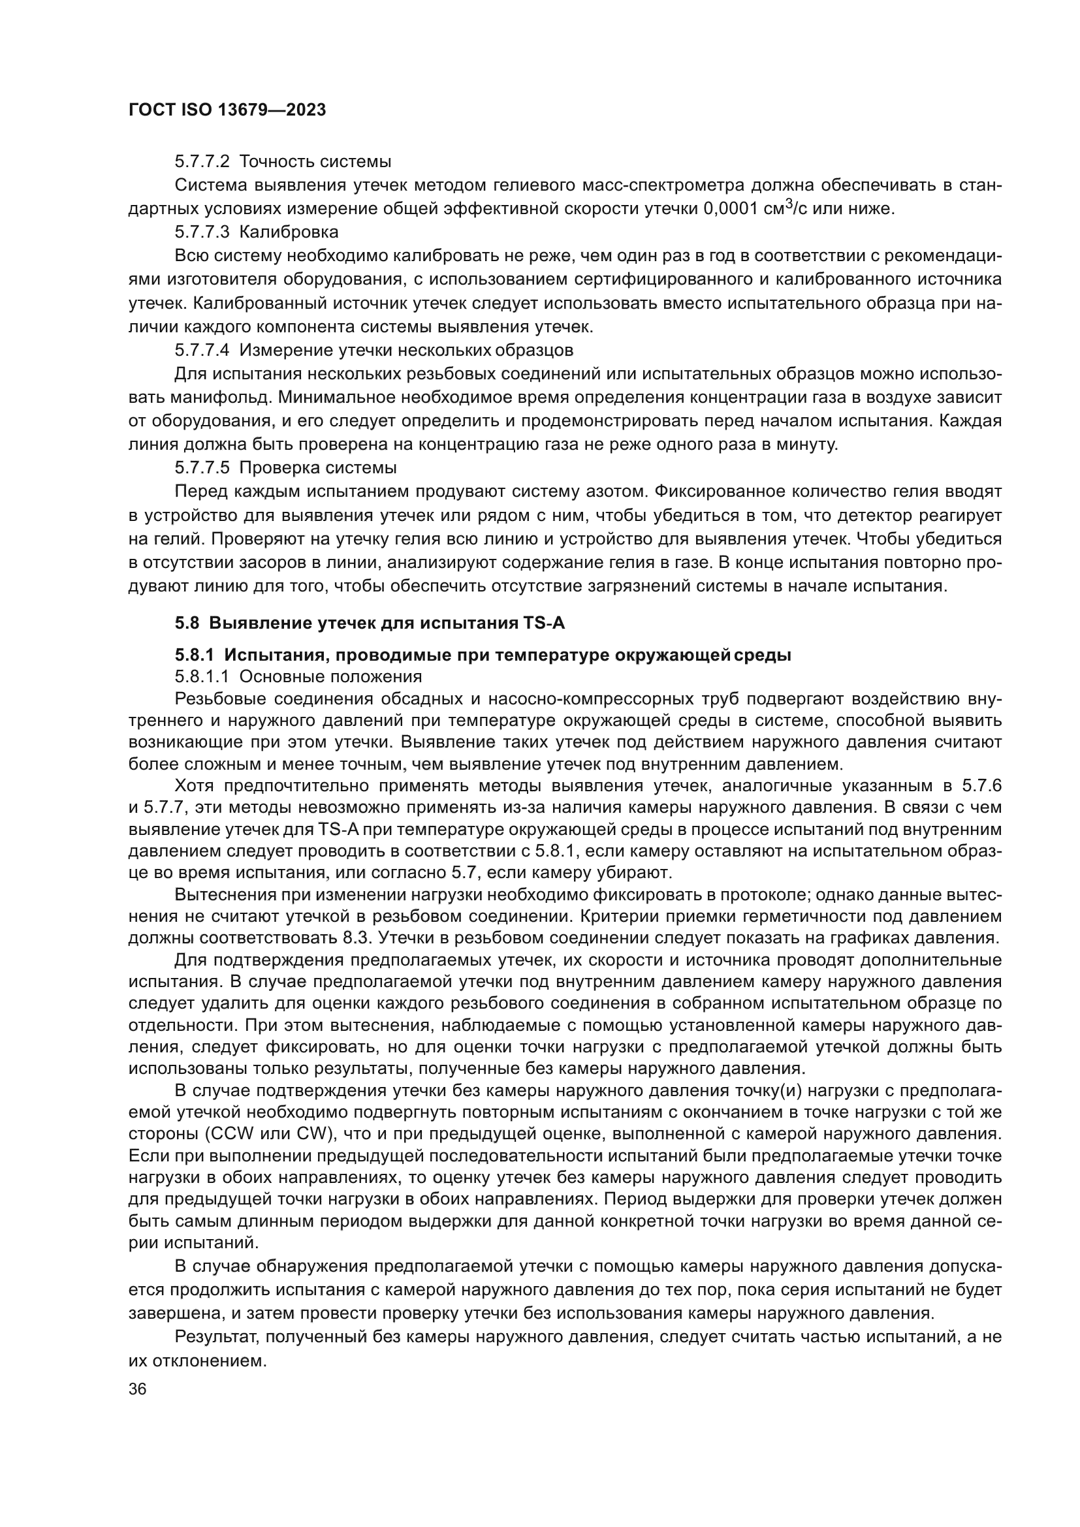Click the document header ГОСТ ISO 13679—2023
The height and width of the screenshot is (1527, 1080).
click(x=227, y=110)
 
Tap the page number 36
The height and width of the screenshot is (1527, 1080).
click(x=138, y=1389)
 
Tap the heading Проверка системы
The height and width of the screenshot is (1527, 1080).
click(x=317, y=467)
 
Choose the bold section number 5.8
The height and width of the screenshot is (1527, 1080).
click(x=187, y=623)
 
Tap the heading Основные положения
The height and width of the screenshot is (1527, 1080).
click(x=330, y=677)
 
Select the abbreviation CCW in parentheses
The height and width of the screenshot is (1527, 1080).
click(x=228, y=1133)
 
